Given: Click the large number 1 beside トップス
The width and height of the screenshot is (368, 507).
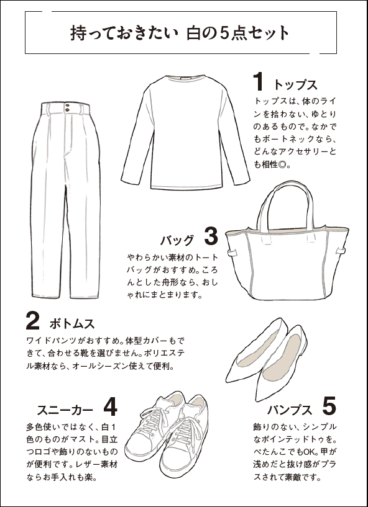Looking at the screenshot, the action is (x=258, y=81).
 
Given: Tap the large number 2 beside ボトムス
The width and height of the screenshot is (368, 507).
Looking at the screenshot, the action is (x=33, y=321).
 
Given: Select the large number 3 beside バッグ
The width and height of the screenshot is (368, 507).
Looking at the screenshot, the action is (x=211, y=236).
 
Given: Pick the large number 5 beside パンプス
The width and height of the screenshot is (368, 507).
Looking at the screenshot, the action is (x=329, y=406).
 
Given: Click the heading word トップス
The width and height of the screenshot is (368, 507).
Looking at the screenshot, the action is (x=295, y=86).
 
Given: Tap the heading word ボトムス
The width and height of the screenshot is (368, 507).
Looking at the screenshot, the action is (x=72, y=324).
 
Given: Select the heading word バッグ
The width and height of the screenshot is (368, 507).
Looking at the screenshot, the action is (x=177, y=240).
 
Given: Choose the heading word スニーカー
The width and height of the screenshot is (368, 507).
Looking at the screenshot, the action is (x=65, y=410).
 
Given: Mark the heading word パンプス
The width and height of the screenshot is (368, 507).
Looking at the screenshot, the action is (x=290, y=410).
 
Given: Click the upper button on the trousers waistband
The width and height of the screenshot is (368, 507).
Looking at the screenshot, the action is (x=67, y=105).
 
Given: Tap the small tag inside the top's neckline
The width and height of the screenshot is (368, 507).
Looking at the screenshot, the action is (x=186, y=79).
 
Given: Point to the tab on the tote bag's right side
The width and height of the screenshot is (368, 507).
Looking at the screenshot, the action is (x=340, y=251).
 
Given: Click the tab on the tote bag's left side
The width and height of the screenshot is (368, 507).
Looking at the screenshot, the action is (x=232, y=253).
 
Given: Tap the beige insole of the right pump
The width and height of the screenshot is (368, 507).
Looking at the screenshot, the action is (x=281, y=358).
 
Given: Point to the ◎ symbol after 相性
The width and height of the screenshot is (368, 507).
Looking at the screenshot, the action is (x=282, y=165).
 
